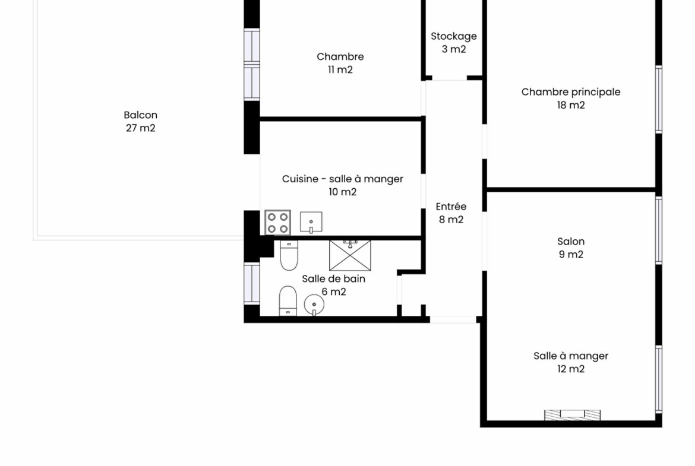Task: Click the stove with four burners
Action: tap(278, 223)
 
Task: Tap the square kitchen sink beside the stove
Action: tap(311, 222)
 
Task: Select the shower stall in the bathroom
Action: tap(350, 255)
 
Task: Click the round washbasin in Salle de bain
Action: tap(314, 305)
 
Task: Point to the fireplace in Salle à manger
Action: tap(572, 415)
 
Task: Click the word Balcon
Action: tap(141, 115)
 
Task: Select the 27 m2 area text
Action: tap(141, 128)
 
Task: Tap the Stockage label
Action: tap(454, 36)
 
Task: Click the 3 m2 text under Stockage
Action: tap(454, 49)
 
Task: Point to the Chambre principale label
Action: tap(571, 92)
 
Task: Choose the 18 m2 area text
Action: tap(571, 105)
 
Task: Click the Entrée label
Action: tap(451, 207)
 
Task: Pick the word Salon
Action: tap(571, 242)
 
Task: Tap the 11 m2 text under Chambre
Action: tap(340, 69)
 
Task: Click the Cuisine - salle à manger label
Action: tap(343, 179)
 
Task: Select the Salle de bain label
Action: tap(334, 278)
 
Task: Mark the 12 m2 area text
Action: tap(571, 369)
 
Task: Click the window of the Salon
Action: tap(659, 230)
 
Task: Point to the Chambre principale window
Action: tap(659, 99)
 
